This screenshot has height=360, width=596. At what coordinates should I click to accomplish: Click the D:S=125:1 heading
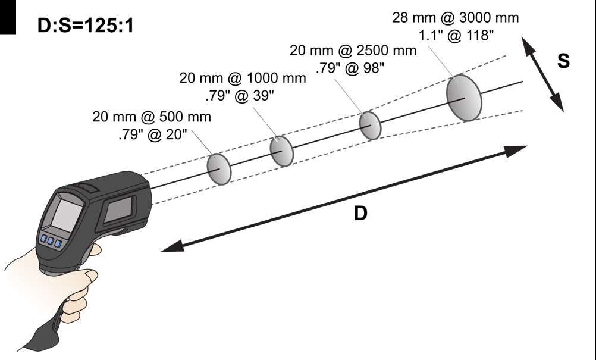[x=85, y=26]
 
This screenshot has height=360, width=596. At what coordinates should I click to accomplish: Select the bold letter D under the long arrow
[x=360, y=214]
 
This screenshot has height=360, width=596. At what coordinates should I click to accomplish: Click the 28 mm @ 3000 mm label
[x=455, y=18]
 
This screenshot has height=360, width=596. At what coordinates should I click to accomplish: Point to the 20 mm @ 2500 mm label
[x=353, y=50]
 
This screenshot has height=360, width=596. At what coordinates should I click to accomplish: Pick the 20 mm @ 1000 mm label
[x=243, y=78]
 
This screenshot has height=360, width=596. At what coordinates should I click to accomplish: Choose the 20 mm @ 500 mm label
[x=152, y=117]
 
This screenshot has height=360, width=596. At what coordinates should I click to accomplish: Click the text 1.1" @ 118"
[x=456, y=36]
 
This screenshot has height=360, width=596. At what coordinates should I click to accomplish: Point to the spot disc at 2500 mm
[x=370, y=126]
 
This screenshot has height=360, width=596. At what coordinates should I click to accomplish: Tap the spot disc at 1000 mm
[x=281, y=151]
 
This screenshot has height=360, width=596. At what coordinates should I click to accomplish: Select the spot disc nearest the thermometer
[x=219, y=169]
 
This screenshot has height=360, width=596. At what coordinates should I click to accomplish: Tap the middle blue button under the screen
[x=51, y=242]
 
